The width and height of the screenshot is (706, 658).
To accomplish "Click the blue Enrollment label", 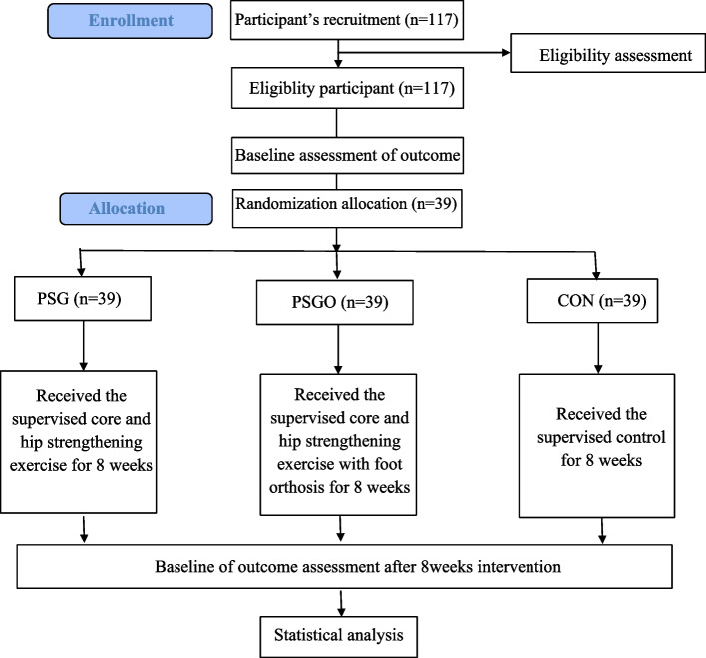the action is pos(130,21).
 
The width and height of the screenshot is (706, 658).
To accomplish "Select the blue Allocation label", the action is pos(136,209).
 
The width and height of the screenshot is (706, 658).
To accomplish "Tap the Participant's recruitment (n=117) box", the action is pos(347,20).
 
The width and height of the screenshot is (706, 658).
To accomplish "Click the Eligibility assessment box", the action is pos(608,53).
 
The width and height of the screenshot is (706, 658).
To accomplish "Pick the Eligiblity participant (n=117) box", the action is pos(347,88).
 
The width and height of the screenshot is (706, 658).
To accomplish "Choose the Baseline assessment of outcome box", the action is pos(347,156).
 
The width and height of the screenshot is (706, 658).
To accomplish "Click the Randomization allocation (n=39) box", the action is pos(347,208).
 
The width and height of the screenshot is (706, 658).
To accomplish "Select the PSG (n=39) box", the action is pos(83,298).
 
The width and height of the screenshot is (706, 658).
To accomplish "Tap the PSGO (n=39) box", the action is pos(334,302).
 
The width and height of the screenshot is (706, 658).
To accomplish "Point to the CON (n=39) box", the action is pos(592,301).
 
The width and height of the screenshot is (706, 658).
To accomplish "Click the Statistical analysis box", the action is pos(339,637).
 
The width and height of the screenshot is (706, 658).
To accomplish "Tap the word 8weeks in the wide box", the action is pos(446,567).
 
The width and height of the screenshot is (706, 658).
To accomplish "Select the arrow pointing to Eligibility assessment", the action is pos(424,53).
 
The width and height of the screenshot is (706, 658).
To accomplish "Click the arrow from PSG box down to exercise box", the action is pos(84,346).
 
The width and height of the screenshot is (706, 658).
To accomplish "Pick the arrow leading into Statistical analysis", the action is pos(341,603).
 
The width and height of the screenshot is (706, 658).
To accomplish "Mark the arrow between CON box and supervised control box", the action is pos(598,348).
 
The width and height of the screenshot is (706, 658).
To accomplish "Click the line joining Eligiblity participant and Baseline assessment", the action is pos(336,123).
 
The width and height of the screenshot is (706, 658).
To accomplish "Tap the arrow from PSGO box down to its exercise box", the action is pos(339,349).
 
